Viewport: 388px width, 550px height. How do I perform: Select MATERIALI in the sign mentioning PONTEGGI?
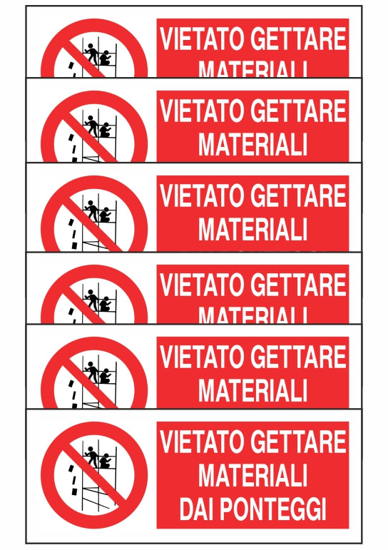click(x=252, y=475)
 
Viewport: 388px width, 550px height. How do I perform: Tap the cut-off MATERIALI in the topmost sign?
click(x=252, y=70)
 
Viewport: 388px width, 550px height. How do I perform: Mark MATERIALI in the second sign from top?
click(x=252, y=144)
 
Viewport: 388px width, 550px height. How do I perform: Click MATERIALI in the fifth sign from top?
click(x=252, y=389)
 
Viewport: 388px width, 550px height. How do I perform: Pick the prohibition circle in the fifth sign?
click(x=93, y=375)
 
